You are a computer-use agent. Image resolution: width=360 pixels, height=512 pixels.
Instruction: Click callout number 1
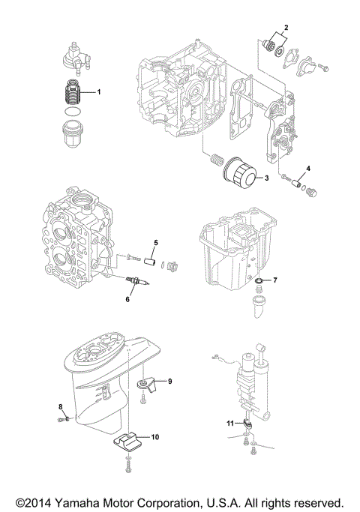[98, 91]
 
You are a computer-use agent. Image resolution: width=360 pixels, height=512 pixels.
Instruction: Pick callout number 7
[275, 280]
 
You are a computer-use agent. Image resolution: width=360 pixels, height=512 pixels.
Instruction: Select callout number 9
[169, 382]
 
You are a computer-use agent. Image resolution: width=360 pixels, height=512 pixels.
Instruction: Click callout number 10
[155, 436]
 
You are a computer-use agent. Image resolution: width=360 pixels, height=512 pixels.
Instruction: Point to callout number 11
[232, 424]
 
